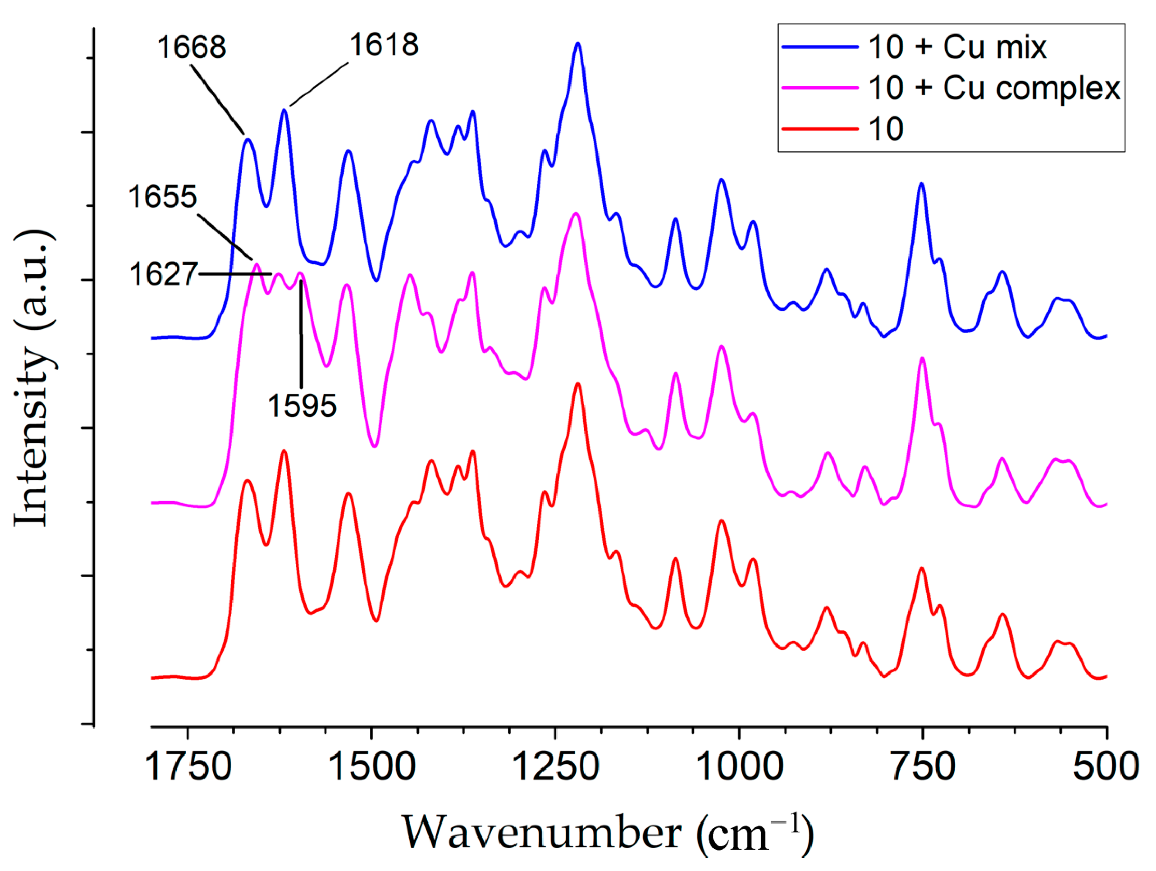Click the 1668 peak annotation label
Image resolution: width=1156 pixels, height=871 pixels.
[x=191, y=47]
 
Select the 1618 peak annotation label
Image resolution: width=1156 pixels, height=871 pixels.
[x=384, y=45]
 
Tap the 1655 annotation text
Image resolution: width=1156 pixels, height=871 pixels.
[x=163, y=197]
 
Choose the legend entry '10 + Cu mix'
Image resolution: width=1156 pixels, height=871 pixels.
[x=957, y=47]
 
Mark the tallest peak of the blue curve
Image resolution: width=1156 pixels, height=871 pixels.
[x=577, y=44]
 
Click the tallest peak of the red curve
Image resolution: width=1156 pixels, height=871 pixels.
[x=577, y=384]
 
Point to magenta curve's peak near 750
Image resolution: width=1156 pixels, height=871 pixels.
[x=922, y=359]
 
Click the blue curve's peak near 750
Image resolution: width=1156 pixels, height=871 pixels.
[x=921, y=184]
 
